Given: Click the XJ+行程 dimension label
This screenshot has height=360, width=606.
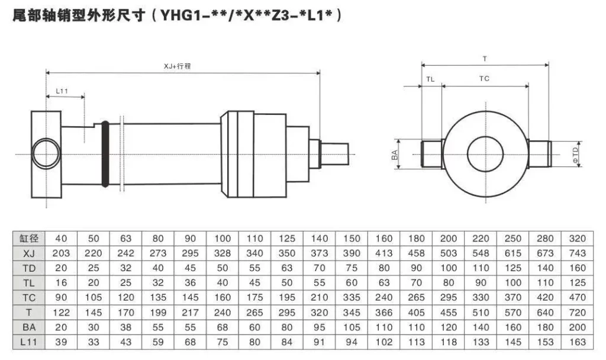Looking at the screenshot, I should click(178, 67).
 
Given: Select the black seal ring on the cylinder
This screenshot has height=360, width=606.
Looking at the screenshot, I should click(105, 155).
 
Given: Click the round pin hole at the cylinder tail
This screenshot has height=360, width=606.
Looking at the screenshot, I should click(46, 154).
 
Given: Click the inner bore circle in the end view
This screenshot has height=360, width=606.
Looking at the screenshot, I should click(485, 155).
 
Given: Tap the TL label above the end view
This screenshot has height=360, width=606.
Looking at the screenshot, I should click(430, 78).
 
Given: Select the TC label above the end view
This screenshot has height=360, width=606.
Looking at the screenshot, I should click(484, 78).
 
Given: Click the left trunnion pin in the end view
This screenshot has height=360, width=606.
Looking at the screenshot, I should click(432, 155).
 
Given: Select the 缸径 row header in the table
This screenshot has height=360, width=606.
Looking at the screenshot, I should click(29, 239).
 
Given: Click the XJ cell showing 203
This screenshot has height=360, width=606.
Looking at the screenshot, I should click(62, 253).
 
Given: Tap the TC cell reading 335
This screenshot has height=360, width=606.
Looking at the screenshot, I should click(352, 298).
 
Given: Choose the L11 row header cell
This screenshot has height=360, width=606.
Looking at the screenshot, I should click(29, 342).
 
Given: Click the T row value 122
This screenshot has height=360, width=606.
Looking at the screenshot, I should click(62, 313).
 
